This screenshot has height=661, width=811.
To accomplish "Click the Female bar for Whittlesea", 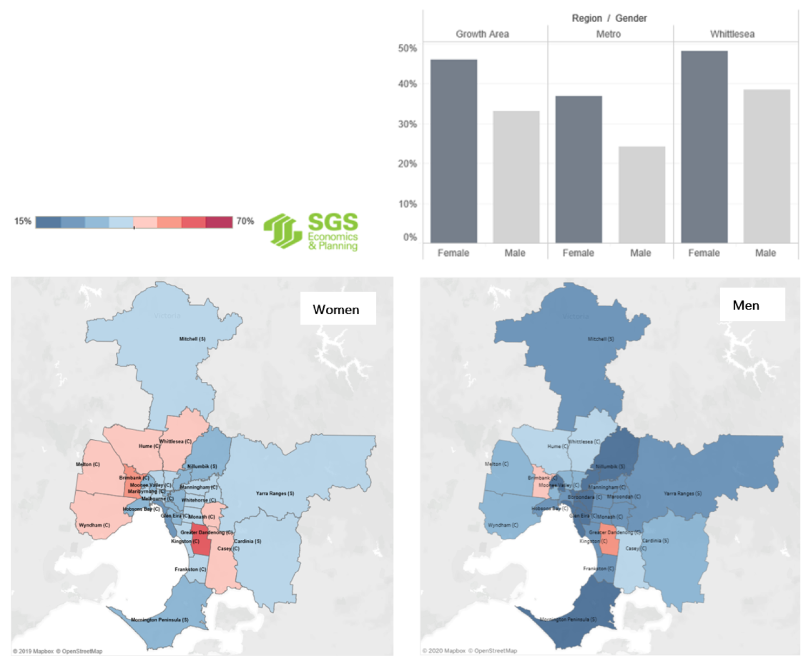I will pos(704,147).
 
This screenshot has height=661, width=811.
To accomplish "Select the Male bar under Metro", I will pos(641,194).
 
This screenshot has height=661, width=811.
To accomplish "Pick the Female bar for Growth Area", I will pos(454,151).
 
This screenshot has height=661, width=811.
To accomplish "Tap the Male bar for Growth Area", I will pos(516,176).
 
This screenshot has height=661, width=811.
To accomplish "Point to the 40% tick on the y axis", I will pos(407,84).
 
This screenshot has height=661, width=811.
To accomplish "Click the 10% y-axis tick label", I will pos(407,204).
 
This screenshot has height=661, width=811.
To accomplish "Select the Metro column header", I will pos(608,34).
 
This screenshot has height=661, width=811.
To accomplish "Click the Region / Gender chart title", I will pos(609,18).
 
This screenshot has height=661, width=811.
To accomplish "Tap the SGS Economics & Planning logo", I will pos(311,231).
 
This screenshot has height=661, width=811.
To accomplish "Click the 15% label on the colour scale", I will pos(23,221).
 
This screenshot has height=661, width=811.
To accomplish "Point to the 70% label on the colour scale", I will pos(245,221).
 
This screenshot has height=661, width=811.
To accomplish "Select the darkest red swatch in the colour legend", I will pos(220,222).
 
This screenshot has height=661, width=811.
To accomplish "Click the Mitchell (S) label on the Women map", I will pos(192,339).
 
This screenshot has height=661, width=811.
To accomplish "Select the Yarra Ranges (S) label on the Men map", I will pos(682,493).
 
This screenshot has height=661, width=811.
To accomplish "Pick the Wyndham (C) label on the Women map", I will pos(94,525).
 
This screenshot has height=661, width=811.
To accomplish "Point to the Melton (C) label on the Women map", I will pos(88,464).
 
